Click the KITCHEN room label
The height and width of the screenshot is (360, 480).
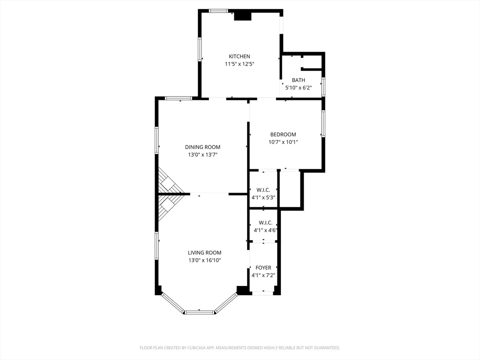coord(239,56)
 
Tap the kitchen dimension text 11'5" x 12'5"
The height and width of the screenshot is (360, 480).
coord(239,64)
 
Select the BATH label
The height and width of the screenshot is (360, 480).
coord(298,80)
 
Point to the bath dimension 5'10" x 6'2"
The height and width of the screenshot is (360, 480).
coord(298,88)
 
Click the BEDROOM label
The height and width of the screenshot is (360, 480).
coord(283,135)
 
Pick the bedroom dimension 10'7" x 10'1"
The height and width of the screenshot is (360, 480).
coord(283,142)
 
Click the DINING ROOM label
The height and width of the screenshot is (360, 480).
coord(202,147)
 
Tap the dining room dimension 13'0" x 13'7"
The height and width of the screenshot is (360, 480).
coord(202,155)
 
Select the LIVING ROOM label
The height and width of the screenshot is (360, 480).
coord(204,253)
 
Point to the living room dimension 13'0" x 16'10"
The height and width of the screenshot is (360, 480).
coord(204,260)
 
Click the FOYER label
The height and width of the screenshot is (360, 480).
coord(263,268)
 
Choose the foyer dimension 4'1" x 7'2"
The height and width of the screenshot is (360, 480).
coord(263,275)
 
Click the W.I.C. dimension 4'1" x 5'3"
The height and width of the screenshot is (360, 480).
coord(263,197)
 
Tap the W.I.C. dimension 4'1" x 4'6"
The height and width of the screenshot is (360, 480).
coord(265,230)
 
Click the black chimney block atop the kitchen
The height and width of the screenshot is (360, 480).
coord(242,16)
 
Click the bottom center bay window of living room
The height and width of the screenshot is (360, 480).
coord(200,312)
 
